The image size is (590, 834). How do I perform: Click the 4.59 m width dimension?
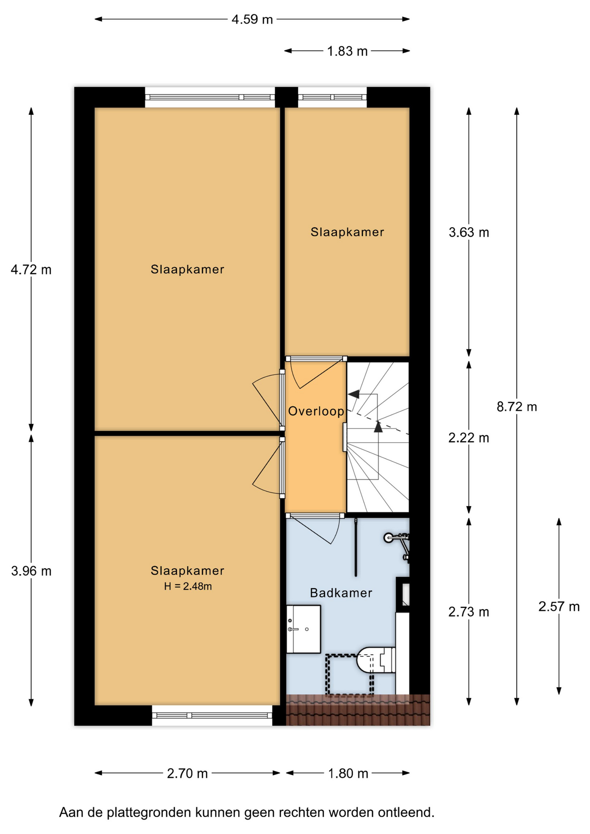[252, 20]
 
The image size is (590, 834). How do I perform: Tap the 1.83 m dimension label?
[347, 51]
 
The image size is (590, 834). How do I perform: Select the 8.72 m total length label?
[517, 407]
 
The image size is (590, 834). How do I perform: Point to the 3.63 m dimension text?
[469, 232]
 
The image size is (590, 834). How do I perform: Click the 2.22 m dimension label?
[469, 438]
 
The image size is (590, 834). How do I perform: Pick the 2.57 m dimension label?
[559, 606]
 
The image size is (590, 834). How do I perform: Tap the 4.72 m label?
[31, 270]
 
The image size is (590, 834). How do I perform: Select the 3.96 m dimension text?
[31, 571]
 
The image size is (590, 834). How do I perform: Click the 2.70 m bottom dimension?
[187, 774]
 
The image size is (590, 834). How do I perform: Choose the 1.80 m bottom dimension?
[348, 774]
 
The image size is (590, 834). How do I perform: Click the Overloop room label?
[316, 411]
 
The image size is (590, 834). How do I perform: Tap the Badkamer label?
[341, 593]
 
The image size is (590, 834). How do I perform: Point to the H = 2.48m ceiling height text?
[188, 586]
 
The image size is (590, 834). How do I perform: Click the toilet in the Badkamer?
[376, 660]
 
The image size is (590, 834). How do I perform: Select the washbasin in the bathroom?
[304, 629]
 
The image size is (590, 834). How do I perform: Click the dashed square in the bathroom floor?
[350, 675]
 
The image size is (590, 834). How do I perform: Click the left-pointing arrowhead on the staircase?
[354, 394]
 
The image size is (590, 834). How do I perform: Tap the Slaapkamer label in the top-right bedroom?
[347, 232]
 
